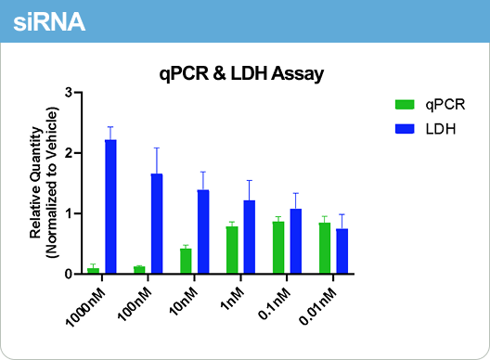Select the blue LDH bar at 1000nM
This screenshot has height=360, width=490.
[x=110, y=206]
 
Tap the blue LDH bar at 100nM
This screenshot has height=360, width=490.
[x=157, y=224]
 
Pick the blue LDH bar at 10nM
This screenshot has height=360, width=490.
[x=203, y=231]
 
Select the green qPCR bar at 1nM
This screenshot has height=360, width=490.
[x=232, y=250]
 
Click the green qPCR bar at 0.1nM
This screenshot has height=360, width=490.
[x=278, y=247]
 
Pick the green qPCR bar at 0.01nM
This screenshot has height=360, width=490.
[x=324, y=248]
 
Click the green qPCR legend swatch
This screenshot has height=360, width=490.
[x=406, y=104]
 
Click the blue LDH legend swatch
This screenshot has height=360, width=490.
[x=406, y=128]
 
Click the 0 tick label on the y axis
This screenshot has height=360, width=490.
[x=69, y=275]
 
